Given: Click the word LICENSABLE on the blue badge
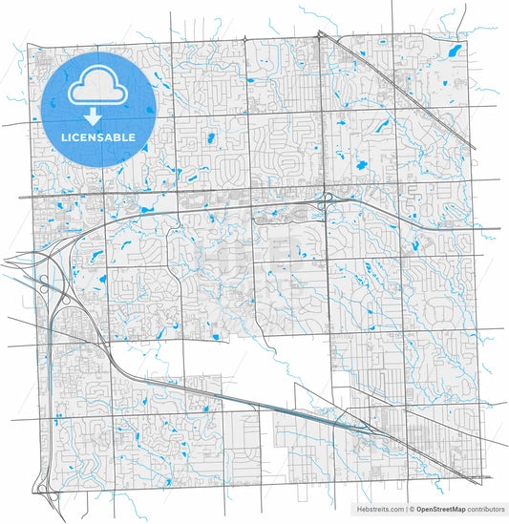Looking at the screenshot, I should (x=98, y=137).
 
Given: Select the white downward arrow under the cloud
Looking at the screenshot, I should (x=93, y=117).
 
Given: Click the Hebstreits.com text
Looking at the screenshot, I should (x=379, y=510).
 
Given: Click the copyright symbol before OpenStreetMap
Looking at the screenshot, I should (x=411, y=510).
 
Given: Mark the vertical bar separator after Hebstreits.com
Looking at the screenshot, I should (x=405, y=510).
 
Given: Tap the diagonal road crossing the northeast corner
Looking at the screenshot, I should (x=401, y=91).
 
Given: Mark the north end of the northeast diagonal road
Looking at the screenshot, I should (x=321, y=33).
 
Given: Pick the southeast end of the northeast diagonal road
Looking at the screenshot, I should (x=475, y=148).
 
